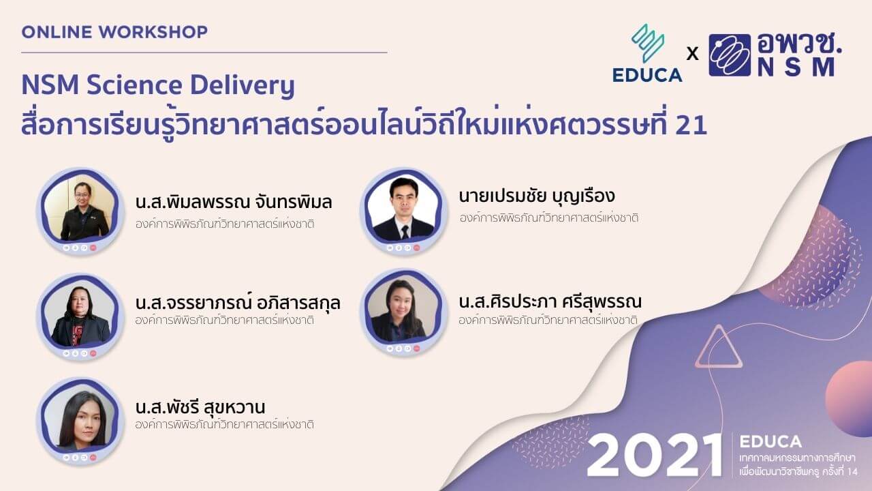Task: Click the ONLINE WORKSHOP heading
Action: coord(114,32)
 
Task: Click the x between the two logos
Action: coord(693,54)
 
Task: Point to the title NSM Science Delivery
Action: coord(158,86)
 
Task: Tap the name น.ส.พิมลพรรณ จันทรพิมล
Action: coord(234,203)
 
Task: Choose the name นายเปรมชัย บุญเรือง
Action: coord(537,196)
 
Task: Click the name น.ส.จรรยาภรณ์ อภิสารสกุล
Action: coord(238,302)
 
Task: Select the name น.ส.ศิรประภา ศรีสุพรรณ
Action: coord(550,301)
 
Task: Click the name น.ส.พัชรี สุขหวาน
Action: coord(200,408)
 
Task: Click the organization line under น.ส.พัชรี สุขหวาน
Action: coord(225,424)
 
